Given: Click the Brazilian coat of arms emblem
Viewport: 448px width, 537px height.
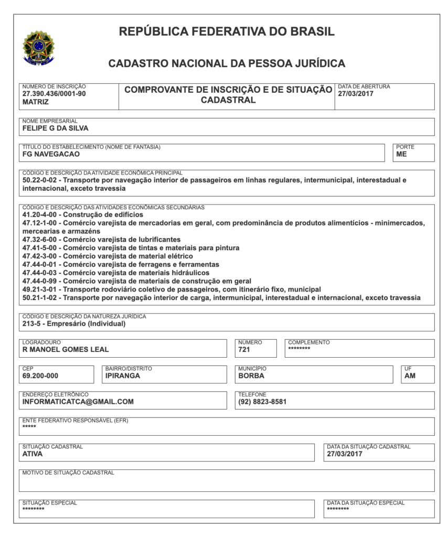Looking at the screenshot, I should pos(38,48).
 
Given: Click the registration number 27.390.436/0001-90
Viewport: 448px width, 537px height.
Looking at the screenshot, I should pos(54,94).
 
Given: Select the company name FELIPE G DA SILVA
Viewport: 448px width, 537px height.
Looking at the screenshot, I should pos(55,128).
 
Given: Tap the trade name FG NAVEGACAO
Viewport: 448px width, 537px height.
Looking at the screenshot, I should pos(51,154).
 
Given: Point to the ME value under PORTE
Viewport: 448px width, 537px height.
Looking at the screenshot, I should pos(401,154).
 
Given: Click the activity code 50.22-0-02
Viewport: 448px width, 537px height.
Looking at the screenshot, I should pos(40,180).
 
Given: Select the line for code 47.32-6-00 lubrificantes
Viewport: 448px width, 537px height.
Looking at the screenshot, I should pos(101,239).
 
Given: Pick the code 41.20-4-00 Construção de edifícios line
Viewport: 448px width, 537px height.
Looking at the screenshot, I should pos(82,214).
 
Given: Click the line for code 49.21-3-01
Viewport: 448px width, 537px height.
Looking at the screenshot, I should pos(171,289).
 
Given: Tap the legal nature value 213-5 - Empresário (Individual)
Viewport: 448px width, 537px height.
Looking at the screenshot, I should pos(74,324).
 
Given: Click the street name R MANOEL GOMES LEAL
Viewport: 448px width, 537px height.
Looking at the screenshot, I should pos(66,350).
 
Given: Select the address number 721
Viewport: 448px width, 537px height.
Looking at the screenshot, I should pos(244,350).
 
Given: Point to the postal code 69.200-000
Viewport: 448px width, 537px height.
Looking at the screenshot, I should pos(40,375).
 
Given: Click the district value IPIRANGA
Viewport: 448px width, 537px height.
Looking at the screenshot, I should pos(123,375).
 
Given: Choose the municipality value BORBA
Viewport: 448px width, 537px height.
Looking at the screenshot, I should pos(251,375).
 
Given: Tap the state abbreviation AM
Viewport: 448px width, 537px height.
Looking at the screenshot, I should pos(410,375).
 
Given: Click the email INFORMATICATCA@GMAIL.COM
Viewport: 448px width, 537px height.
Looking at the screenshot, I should pos(78,402).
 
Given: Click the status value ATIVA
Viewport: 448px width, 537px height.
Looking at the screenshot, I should pos(33,454).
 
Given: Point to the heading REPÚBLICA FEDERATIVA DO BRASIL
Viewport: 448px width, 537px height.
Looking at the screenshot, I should pos(227,31).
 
